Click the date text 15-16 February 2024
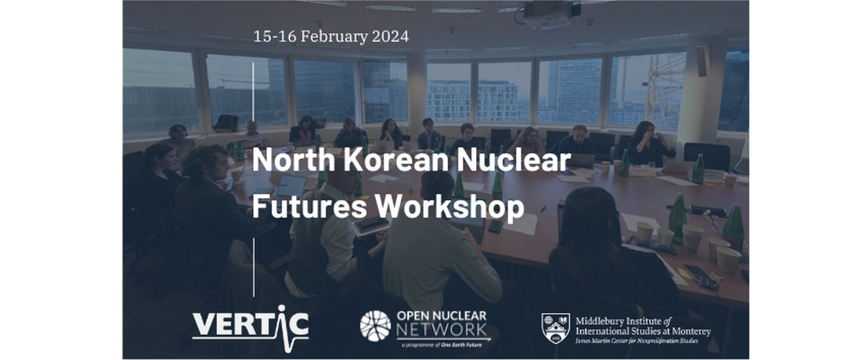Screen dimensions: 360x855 point(330,37)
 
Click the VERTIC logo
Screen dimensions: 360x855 point(250,324)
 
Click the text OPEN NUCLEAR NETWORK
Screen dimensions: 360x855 point(442,322)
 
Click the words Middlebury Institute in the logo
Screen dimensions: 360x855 point(619,321)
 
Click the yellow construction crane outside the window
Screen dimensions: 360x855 point(663,86)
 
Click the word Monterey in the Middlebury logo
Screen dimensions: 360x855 point(689,331)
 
